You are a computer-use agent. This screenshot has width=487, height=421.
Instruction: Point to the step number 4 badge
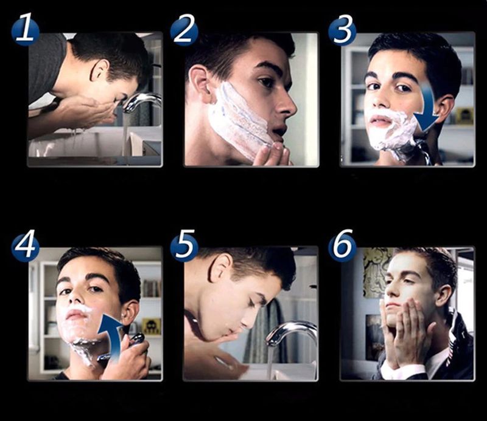tap(25, 247)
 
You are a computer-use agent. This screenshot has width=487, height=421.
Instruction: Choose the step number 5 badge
tap(184, 247)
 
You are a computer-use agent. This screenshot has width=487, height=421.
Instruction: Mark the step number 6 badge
tap(342, 247)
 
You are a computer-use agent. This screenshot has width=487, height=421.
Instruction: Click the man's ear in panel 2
tap(198, 82)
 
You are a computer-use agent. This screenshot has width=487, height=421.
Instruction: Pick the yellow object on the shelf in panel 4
tap(150, 326)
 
